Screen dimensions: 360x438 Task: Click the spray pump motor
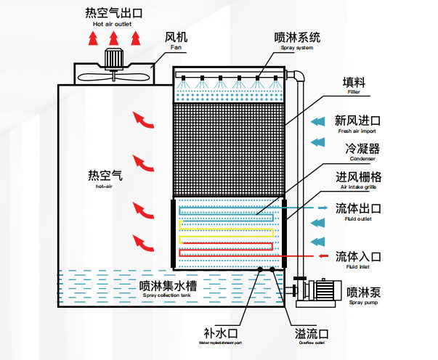[325, 291]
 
